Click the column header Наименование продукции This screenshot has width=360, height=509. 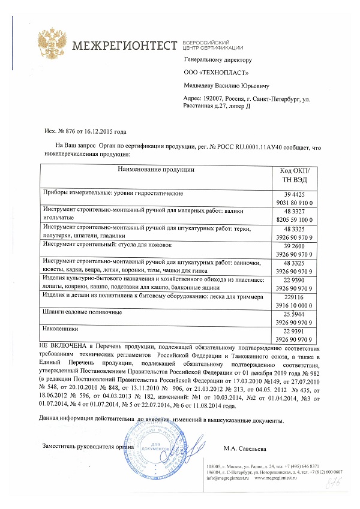[156, 170]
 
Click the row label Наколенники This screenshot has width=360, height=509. [61, 329]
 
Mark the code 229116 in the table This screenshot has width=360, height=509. [296, 297]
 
